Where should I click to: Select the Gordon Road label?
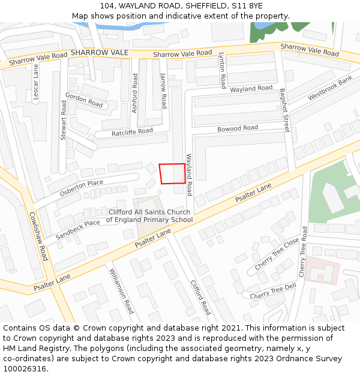(84, 100)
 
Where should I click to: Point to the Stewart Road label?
(64, 120)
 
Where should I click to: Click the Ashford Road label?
(135, 93)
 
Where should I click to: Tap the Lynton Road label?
(222, 70)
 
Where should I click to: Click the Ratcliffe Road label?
(132, 131)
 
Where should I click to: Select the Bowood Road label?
(238, 128)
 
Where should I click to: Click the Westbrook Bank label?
(330, 89)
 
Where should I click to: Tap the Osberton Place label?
(82, 188)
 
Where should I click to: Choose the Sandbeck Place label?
(78, 227)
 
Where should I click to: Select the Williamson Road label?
(121, 291)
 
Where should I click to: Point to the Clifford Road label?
(201, 298)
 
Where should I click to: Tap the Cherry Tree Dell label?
(273, 292)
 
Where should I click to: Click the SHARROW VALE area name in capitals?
(100, 53)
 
